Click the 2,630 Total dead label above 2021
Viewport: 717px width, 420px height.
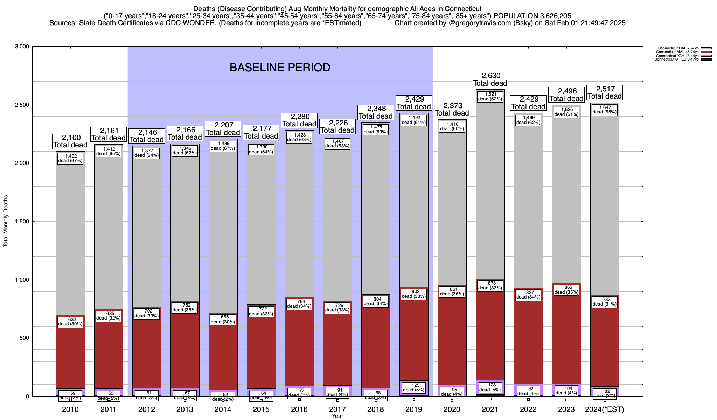(x=490, y=79)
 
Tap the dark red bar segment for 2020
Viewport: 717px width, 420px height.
(x=452, y=343)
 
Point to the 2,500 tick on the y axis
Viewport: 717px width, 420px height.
(x=22, y=105)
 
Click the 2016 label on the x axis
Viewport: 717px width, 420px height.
(x=299, y=409)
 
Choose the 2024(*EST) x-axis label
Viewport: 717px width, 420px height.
(x=605, y=409)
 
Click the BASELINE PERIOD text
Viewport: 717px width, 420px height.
(x=280, y=68)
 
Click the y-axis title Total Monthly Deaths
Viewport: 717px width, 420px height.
(x=6, y=221)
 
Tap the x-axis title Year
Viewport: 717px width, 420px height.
(x=337, y=416)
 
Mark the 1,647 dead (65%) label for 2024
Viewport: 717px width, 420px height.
(x=605, y=110)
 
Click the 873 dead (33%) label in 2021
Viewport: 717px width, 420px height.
(x=490, y=286)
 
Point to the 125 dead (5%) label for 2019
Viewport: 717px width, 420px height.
(x=413, y=387)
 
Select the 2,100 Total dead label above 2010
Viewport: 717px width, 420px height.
(x=70, y=141)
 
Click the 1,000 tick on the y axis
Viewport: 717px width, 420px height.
(x=22, y=280)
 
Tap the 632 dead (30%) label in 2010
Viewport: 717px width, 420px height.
(x=70, y=322)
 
